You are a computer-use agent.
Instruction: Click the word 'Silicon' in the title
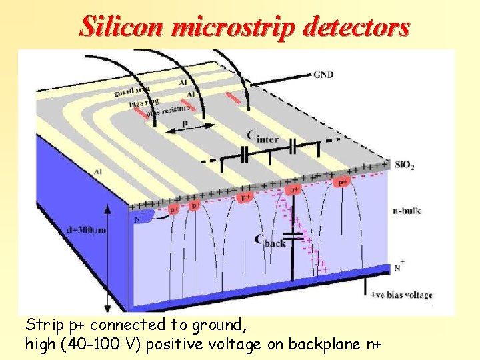point(122,27)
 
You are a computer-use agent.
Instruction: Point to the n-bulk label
point(405,211)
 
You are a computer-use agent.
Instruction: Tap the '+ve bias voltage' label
point(401,295)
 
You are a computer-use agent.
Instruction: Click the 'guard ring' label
point(131,89)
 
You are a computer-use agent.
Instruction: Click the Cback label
point(270,241)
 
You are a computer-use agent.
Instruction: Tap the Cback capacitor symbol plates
point(293,235)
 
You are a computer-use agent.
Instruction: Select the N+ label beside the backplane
point(399,266)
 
